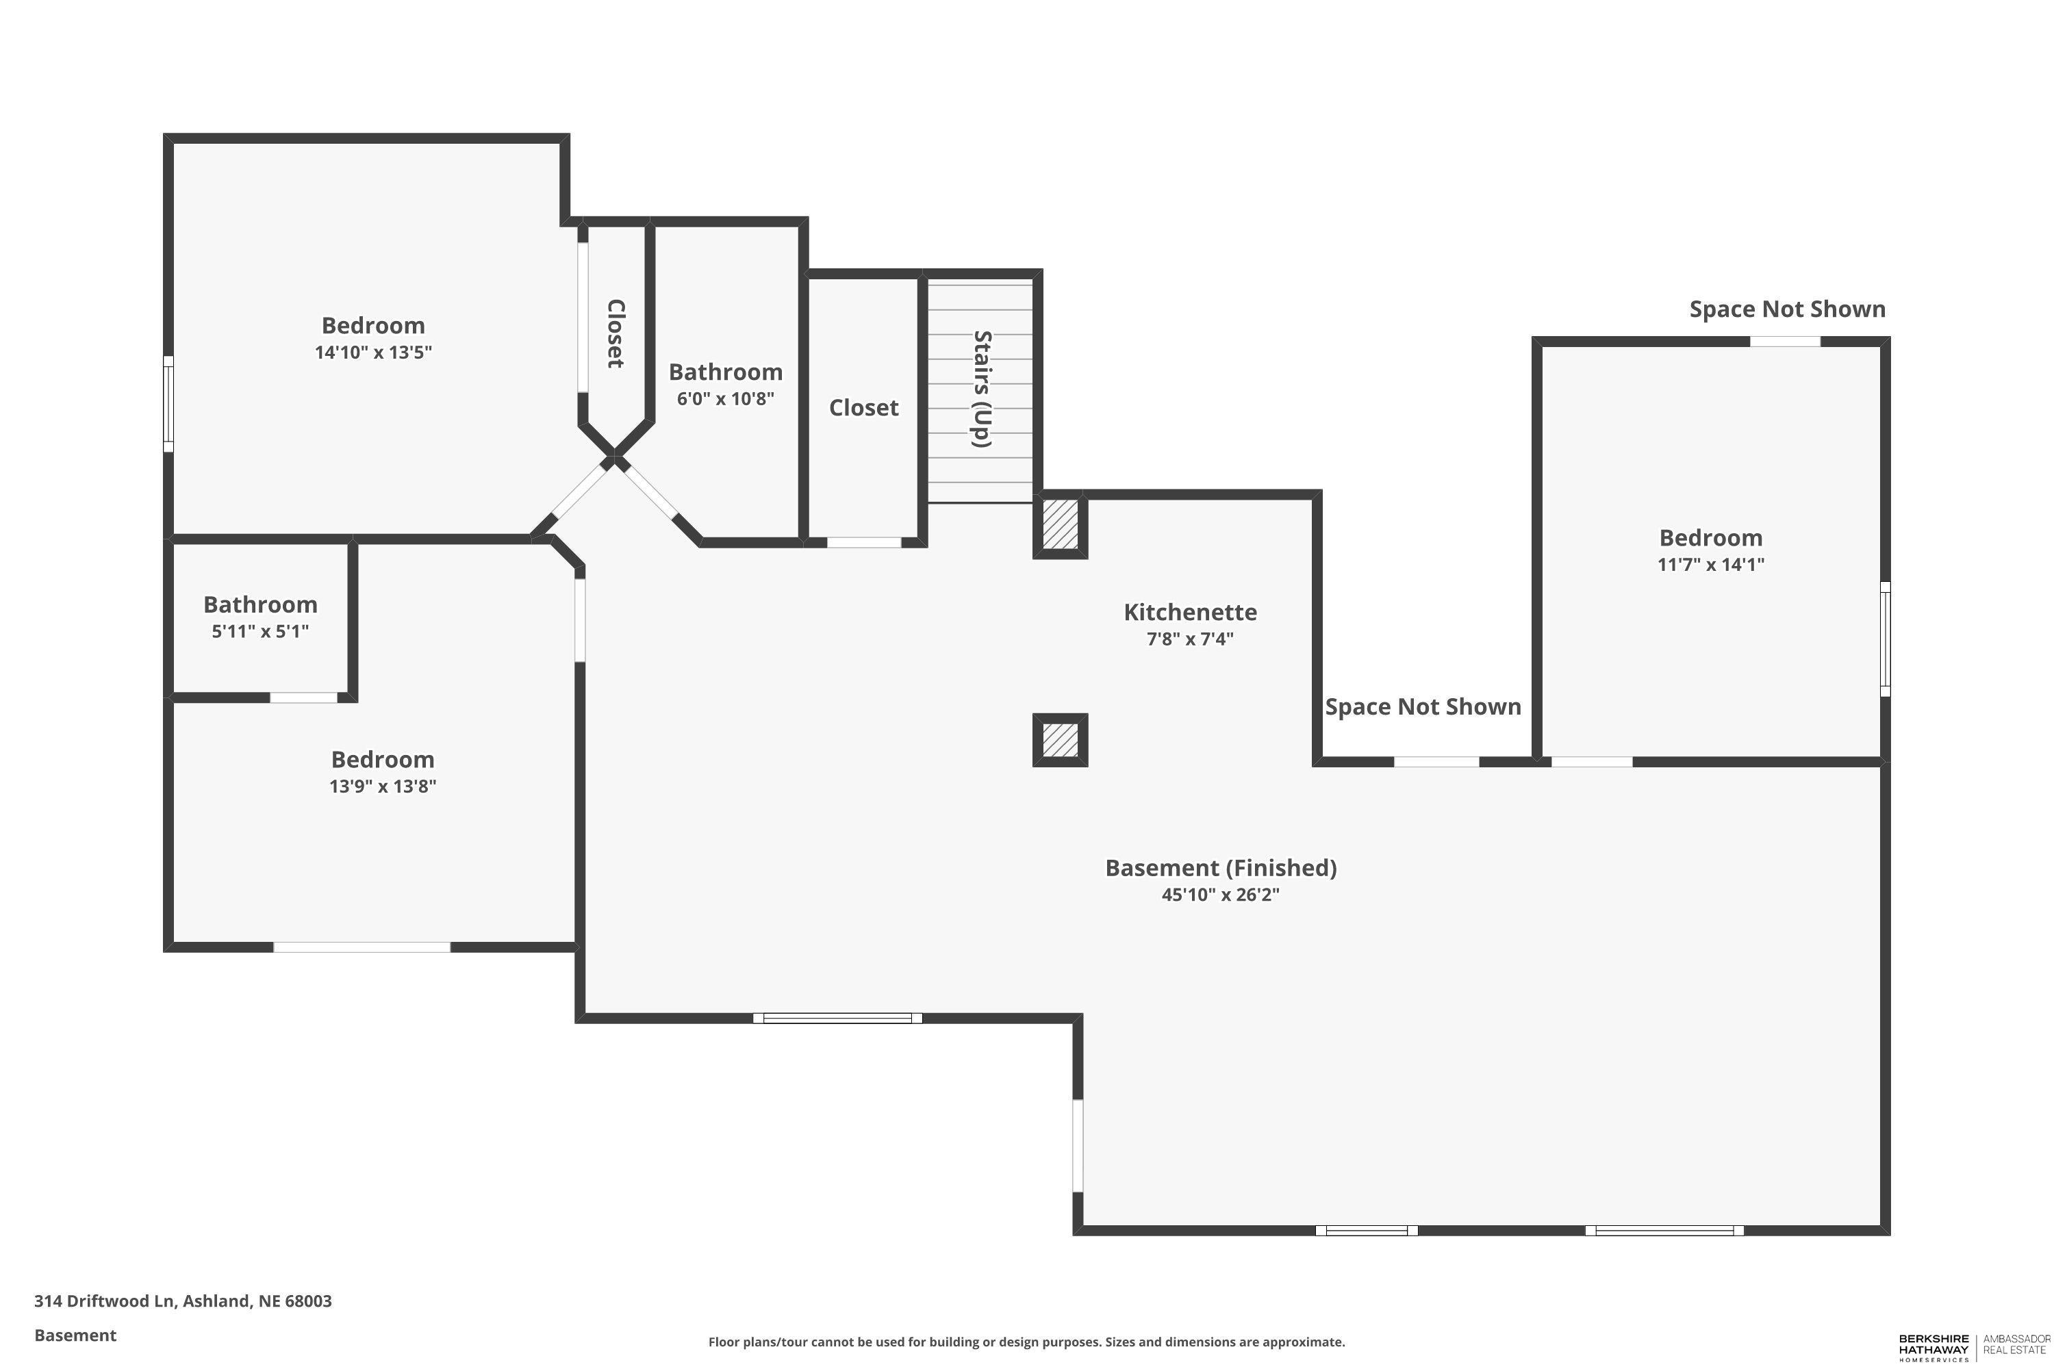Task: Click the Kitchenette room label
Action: coord(1191,612)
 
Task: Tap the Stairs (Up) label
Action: coord(982,389)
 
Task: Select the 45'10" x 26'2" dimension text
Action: coord(1220,895)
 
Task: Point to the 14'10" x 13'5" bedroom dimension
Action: coord(374,353)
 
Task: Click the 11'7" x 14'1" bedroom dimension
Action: coord(1711,565)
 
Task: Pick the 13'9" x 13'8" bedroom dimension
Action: coord(383,786)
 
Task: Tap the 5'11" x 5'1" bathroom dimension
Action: coord(260,631)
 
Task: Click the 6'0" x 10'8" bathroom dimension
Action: coord(726,399)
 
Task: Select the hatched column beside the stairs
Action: coord(1060,525)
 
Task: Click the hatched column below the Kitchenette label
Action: coord(1060,741)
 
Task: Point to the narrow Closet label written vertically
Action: coord(616,333)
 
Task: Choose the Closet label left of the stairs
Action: coord(863,408)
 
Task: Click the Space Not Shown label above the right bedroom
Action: coord(1788,309)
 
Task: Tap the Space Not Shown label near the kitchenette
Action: coord(1423,706)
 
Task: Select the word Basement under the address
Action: coord(75,1335)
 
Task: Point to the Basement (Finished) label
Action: coord(1221,868)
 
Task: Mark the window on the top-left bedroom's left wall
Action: coord(168,403)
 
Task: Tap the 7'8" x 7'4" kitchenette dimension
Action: coord(1191,639)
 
